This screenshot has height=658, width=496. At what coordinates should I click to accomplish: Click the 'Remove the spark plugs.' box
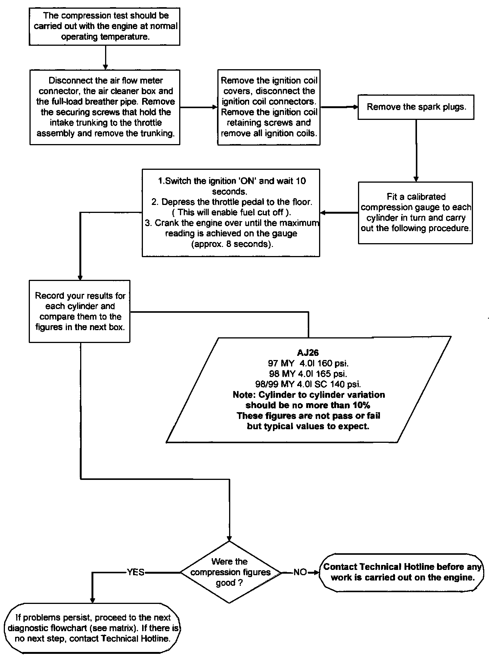point(416,107)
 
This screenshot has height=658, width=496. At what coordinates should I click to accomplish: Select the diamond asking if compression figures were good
point(230,572)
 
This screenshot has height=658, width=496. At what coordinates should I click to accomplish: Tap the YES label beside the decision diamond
point(136,573)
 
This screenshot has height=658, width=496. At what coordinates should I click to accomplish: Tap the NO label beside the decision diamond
point(300,573)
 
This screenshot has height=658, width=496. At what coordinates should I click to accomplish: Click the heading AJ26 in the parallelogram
point(308,353)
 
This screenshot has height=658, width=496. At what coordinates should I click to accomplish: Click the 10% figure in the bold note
point(362,405)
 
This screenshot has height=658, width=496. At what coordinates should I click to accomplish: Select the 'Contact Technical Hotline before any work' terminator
point(402,572)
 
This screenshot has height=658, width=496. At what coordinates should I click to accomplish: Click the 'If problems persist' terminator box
point(93,628)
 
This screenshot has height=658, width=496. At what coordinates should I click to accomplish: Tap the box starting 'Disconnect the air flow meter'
point(105,107)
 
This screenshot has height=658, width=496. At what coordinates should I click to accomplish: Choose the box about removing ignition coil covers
point(269,107)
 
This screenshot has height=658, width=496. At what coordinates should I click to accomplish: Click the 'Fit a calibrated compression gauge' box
point(415,213)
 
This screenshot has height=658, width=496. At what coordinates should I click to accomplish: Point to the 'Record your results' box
point(80,311)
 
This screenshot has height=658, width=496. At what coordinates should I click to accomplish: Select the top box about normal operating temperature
point(105,26)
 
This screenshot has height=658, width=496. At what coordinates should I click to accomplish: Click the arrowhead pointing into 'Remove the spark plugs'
point(355,107)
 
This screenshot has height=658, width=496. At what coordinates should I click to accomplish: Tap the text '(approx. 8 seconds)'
point(232,244)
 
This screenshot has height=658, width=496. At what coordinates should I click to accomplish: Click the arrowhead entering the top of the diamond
point(229,538)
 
